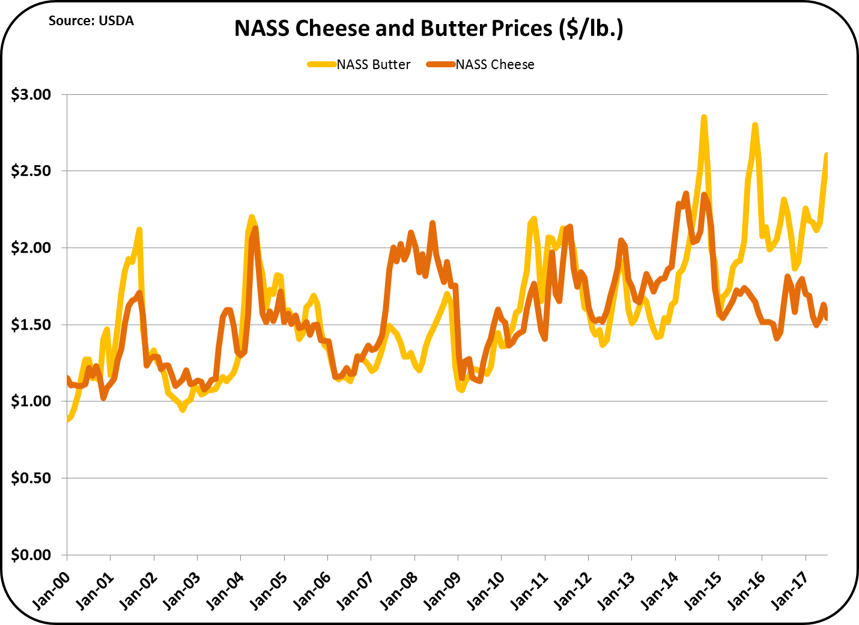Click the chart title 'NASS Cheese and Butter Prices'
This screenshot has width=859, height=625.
pos(428,29)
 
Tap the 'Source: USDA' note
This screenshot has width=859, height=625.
pos(91,21)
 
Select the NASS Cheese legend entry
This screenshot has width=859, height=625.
pos(481,65)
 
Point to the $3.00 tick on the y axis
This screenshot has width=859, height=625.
pos(31,95)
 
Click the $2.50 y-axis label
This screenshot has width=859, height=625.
pos(31,171)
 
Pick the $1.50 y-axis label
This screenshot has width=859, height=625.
pos(31,325)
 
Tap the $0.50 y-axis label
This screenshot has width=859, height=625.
pos(31,478)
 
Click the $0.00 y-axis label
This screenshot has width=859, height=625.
pos(31,555)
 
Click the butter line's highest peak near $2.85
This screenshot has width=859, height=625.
pos(703,118)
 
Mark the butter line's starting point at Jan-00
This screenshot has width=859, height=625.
pos(67,420)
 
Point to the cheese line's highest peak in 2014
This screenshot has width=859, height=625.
pos(686,193)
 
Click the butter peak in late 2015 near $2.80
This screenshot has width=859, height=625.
pos(754,125)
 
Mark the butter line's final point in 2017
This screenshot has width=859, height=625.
pos(827,155)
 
